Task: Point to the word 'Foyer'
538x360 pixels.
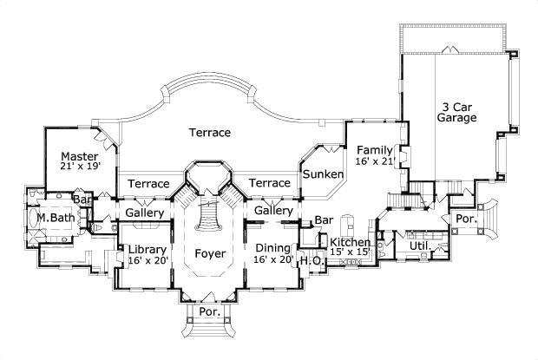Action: [210, 254]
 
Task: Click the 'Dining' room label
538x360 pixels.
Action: [272, 247]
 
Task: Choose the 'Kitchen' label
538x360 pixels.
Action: [351, 242]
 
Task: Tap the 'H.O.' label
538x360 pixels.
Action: [312, 259]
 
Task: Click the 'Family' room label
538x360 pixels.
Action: [375, 149]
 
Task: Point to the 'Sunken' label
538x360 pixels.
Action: [323, 174]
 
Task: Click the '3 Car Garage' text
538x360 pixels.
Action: [456, 111]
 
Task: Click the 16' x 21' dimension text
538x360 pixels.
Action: [375, 161]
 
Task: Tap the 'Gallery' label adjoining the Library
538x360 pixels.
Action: [145, 213]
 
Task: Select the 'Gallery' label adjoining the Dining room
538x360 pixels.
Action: [273, 212]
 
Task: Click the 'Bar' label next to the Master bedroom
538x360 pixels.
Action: [82, 200]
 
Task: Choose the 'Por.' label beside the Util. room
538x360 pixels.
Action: [466, 219]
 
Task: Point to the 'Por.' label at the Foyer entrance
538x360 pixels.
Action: [208, 311]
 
